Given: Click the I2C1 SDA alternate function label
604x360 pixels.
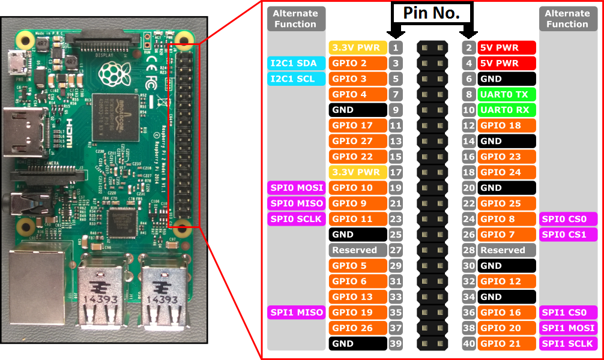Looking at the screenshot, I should [295, 63].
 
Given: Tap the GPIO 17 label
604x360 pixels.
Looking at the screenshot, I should [358, 125].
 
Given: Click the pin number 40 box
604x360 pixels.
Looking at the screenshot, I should [469, 344].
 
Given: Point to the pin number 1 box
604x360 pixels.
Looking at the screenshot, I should [395, 47].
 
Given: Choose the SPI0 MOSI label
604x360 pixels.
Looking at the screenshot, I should [295, 188].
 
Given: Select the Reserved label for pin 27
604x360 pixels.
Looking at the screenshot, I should [358, 250].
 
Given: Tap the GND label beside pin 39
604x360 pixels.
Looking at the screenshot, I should [358, 344].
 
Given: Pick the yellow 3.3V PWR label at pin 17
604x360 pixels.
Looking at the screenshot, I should [358, 172].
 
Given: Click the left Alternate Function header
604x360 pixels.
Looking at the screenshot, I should [295, 19].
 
